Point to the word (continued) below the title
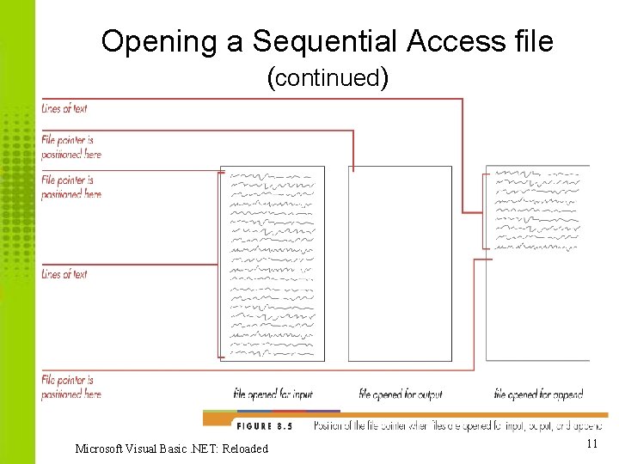click(329, 78)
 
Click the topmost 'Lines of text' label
click(64, 109)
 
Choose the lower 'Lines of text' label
click(64, 275)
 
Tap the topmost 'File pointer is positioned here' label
click(71, 147)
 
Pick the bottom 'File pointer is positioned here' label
click(71, 387)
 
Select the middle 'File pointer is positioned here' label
click(71, 187)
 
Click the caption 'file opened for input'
click(273, 394)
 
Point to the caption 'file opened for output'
click(400, 394)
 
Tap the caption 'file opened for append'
click(538, 394)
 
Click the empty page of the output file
click(400, 262)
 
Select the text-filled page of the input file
click(273, 262)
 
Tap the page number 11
click(591, 444)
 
